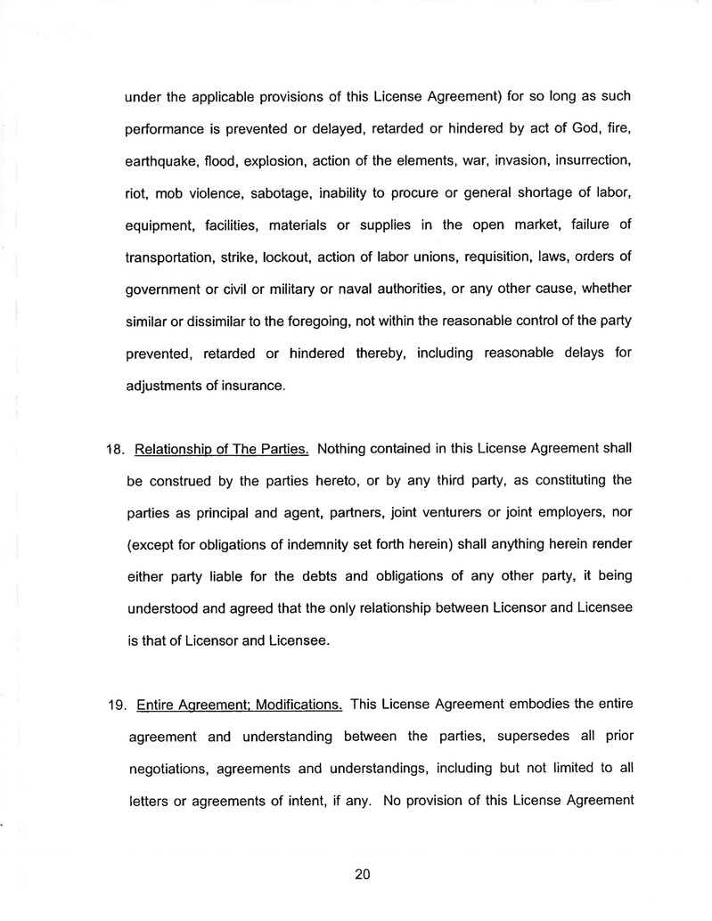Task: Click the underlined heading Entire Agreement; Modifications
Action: (x=239, y=706)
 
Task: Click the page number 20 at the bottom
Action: (x=362, y=874)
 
